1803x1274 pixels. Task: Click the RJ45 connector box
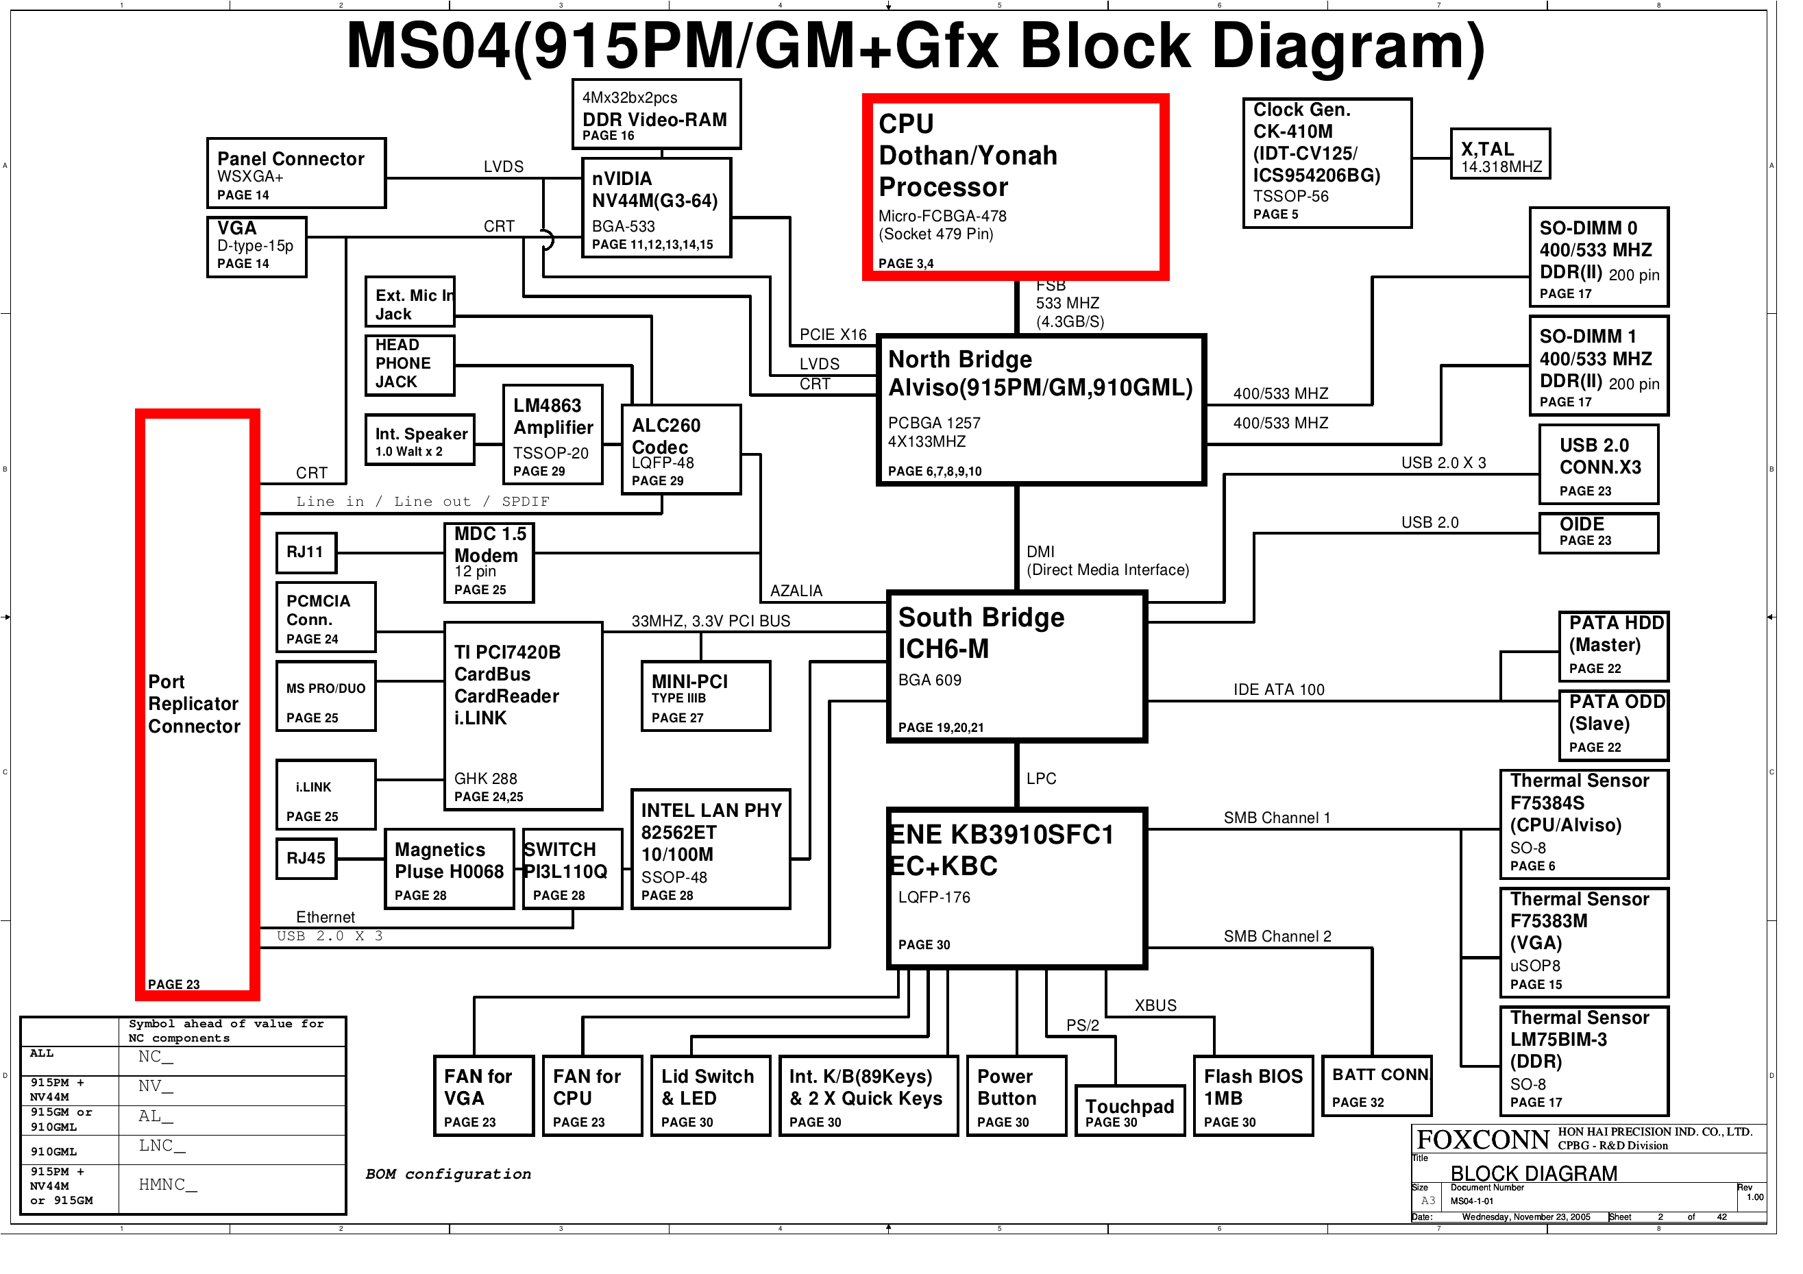(x=306, y=859)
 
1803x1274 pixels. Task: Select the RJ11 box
(x=306, y=552)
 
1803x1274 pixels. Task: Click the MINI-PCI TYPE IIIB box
(x=704, y=696)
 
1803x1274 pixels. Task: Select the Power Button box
(x=1016, y=1095)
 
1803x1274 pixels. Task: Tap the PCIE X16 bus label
(x=833, y=334)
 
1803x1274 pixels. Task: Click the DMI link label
(x=1040, y=552)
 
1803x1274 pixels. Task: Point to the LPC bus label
(x=1040, y=779)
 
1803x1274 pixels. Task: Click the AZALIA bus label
(x=796, y=591)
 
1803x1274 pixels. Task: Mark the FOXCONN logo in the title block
(x=1482, y=1140)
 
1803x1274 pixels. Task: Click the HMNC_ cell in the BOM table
(x=167, y=1184)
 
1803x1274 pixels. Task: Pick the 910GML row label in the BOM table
(x=53, y=1151)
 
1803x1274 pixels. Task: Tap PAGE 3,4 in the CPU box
(x=905, y=264)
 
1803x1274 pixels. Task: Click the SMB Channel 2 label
(x=1277, y=936)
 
